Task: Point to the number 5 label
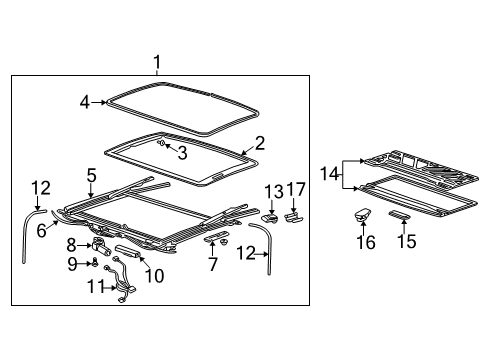(91, 173)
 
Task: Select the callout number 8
(71, 244)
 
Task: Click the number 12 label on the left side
(39, 186)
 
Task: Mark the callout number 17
(295, 191)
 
